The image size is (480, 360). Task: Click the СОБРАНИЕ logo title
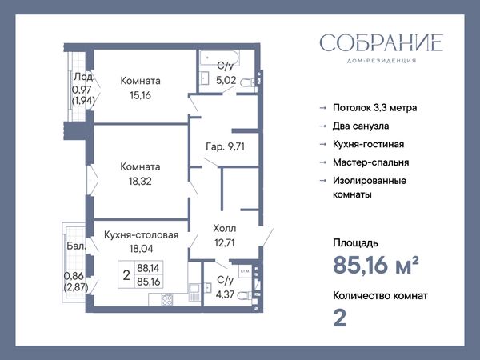pyautogui.click(x=382, y=43)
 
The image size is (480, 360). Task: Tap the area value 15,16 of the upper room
pyautogui.click(x=140, y=95)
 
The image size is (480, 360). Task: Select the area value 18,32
pyautogui.click(x=140, y=182)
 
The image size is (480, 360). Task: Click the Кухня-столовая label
pyautogui.click(x=141, y=234)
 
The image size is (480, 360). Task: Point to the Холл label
pyautogui.click(x=225, y=228)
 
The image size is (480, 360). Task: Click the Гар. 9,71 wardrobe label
pyautogui.click(x=226, y=146)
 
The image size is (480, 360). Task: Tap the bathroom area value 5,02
pyautogui.click(x=226, y=80)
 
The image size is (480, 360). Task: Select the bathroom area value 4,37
pyautogui.click(x=226, y=294)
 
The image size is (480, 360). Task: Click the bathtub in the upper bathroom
pyautogui.click(x=219, y=58)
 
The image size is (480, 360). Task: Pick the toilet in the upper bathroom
pyautogui.click(x=247, y=82)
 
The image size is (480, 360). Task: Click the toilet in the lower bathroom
pyautogui.click(x=245, y=296)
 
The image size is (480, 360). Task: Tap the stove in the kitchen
pyautogui.click(x=167, y=300)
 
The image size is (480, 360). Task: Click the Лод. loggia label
pyautogui.click(x=83, y=77)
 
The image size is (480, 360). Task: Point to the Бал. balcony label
pyautogui.click(x=76, y=246)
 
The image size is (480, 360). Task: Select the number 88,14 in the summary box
pyautogui.click(x=148, y=268)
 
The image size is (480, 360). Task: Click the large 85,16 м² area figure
pyautogui.click(x=376, y=265)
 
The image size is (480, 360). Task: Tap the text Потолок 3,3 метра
pyautogui.click(x=375, y=108)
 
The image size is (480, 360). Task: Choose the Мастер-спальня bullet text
pyautogui.click(x=371, y=162)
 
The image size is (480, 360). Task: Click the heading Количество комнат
pyautogui.click(x=381, y=296)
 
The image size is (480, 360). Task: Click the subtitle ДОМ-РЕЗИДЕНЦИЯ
pyautogui.click(x=382, y=61)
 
